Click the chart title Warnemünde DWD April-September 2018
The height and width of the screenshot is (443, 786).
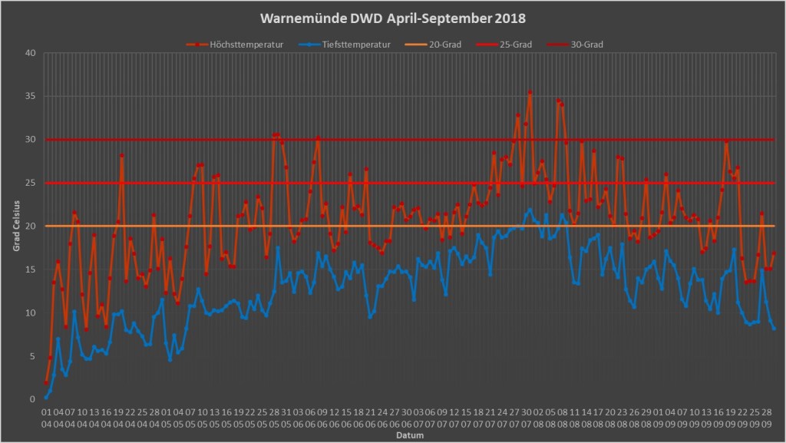pos(393,17)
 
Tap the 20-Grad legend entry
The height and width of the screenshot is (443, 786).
pos(444,45)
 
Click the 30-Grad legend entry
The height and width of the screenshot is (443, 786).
pos(586,45)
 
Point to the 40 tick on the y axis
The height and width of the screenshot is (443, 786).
pos(30,53)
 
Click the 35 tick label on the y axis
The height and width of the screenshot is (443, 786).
pos(30,96)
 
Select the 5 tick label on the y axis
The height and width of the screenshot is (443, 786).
pos(32,356)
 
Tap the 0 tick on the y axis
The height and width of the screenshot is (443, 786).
pos(32,399)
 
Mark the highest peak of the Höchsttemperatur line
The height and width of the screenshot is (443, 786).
pos(530,92)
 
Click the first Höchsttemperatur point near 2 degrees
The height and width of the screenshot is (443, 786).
pos(46,382)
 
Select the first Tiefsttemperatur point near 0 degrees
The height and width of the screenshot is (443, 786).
pos(46,397)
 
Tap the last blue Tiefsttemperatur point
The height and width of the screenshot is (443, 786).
pos(774,329)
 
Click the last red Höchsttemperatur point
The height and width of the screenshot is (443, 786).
pos(774,253)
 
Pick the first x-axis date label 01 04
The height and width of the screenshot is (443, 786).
pos(46,417)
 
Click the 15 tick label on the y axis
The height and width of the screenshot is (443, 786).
pos(30,269)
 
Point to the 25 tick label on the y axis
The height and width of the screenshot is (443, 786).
pos(30,183)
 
